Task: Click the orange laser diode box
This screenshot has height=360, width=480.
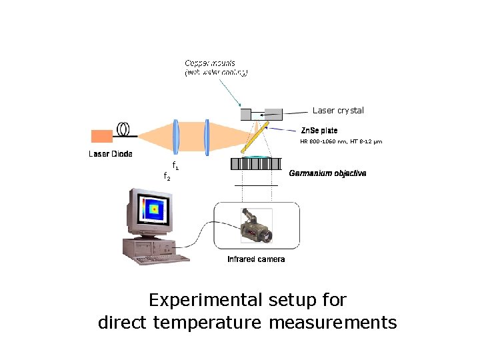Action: click(102, 136)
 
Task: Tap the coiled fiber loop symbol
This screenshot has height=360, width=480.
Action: click(124, 128)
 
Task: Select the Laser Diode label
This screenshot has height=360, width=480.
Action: click(111, 154)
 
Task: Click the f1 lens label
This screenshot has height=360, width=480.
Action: click(175, 165)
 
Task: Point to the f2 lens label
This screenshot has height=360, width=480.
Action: click(167, 176)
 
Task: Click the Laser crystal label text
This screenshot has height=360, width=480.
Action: click(339, 111)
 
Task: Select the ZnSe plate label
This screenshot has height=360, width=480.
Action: click(319, 131)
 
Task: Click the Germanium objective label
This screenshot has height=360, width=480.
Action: click(327, 173)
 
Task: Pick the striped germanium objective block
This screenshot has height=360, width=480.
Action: click(255, 164)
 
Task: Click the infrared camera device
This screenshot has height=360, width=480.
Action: click(255, 225)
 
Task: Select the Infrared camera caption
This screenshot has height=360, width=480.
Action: click(256, 259)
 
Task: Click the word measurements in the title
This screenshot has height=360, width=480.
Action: click(333, 323)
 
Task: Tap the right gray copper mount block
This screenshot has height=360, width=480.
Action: click(273, 114)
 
